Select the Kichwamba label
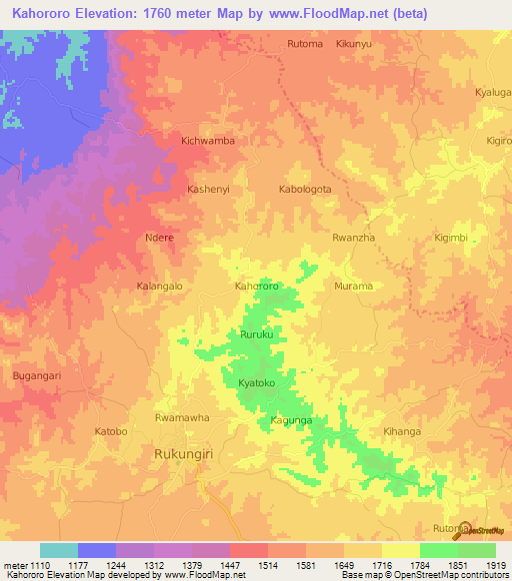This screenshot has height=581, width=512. coord(208,141)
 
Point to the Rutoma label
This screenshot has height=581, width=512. coord(305,44)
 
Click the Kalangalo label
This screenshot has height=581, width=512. coord(159,286)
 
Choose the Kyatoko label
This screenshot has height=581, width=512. coord(256,383)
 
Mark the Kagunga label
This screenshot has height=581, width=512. coord(293,422)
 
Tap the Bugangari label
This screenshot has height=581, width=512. coord(36,374)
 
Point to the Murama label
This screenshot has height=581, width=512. coord(353,286)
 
